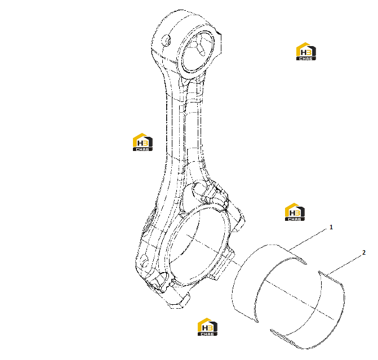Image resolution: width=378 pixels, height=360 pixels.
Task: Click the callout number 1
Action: coord(331,227)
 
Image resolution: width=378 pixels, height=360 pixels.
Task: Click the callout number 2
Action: coord(364,252)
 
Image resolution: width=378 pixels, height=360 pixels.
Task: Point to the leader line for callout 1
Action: coord(308,240)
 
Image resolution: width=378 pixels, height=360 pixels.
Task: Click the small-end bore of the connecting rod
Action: coord(198,51)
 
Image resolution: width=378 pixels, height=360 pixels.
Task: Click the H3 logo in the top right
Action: coord(306,51)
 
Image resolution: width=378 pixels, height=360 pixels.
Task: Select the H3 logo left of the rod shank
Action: coord(143,143)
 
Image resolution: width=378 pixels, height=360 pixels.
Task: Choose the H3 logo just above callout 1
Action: coord(295,212)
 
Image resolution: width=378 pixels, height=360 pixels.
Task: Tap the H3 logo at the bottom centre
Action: coord(207,327)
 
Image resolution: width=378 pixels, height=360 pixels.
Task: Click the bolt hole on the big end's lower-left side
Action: coord(145,261)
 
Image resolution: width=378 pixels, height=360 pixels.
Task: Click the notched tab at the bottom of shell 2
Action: coord(281,336)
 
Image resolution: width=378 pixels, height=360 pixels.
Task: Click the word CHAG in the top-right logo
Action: coord(306,59)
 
